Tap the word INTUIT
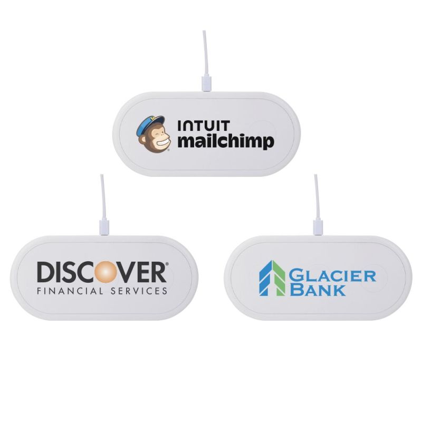point(204,127)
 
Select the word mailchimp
point(225,142)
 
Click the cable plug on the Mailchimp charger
point(206,83)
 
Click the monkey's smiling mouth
point(160,142)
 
